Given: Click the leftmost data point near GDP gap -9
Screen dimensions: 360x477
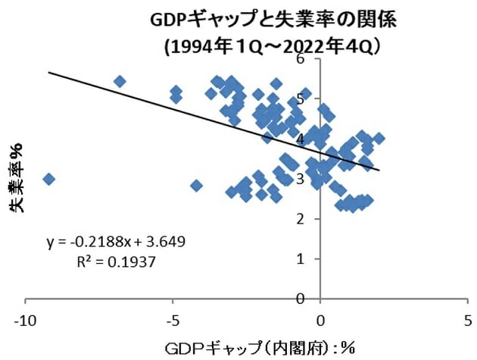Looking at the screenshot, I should [48, 179].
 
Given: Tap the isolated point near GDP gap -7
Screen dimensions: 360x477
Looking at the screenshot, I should [119, 81].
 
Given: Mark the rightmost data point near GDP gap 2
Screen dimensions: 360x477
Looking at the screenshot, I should [379, 138].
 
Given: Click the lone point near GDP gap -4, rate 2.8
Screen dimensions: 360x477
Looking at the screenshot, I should [196, 185].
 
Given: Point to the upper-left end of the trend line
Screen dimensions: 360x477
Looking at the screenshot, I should [48, 72].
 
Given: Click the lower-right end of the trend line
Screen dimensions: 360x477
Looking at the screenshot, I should [379, 170].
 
